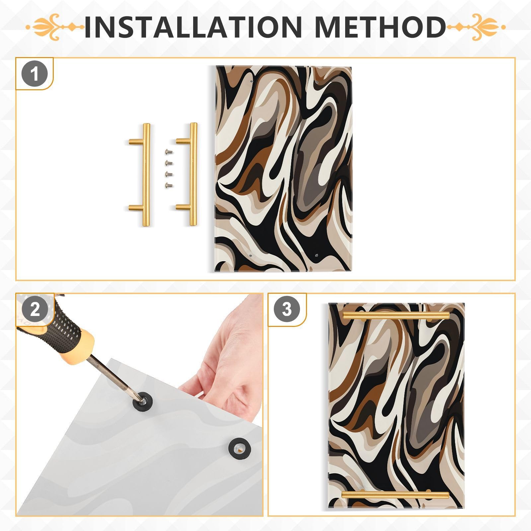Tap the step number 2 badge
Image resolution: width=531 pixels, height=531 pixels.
pyautogui.click(x=35, y=310)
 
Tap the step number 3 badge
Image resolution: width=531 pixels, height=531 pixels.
pyautogui.click(x=286, y=310)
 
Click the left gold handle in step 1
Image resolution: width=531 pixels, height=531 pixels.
pyautogui.click(x=145, y=175)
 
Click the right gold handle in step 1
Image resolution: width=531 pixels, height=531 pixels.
pyautogui.click(x=192, y=175)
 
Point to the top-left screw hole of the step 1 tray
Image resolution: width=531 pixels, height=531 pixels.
pyautogui.click(x=251, y=81)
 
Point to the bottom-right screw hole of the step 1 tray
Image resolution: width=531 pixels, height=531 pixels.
pyautogui.click(x=316, y=256)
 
